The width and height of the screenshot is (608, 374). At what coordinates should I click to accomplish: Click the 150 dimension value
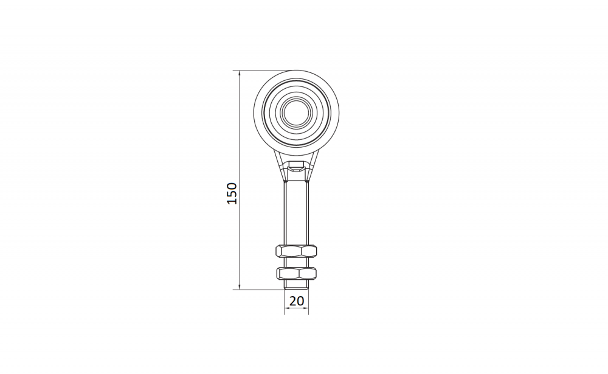pyautogui.click(x=232, y=193)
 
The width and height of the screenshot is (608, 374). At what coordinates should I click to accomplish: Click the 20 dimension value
pyautogui.click(x=297, y=301)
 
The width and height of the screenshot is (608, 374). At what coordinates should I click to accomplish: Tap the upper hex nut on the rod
pyautogui.click(x=296, y=251)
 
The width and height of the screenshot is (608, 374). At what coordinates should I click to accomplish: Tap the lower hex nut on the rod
pyautogui.click(x=297, y=273)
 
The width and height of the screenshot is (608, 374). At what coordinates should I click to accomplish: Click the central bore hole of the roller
pyautogui.click(x=297, y=113)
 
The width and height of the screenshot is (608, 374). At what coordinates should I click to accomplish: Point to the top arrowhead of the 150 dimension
pyautogui.click(x=239, y=74)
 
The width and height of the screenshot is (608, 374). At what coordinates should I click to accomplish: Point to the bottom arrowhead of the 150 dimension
pyautogui.click(x=239, y=286)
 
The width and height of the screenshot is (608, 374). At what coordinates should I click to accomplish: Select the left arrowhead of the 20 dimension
pyautogui.click(x=288, y=308)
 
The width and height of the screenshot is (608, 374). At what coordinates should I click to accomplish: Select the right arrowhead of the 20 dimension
pyautogui.click(x=306, y=308)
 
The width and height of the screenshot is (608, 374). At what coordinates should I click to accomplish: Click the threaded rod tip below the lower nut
pyautogui.click(x=297, y=285)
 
